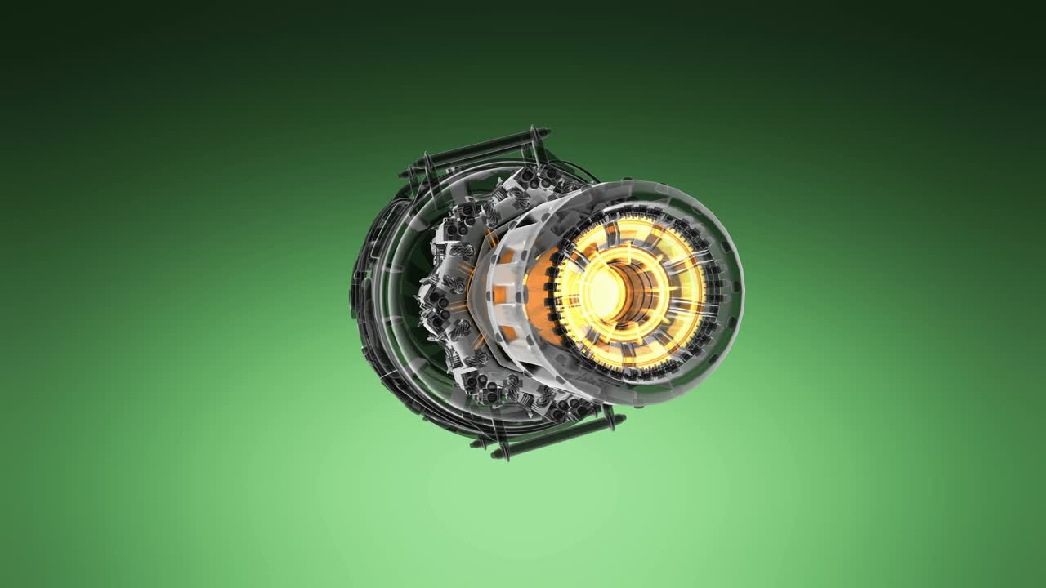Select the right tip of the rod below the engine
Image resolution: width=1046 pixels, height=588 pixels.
click(623, 419)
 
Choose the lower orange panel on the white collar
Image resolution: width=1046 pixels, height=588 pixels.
click(508, 333)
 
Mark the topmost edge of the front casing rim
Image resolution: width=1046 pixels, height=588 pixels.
click(646, 180)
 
